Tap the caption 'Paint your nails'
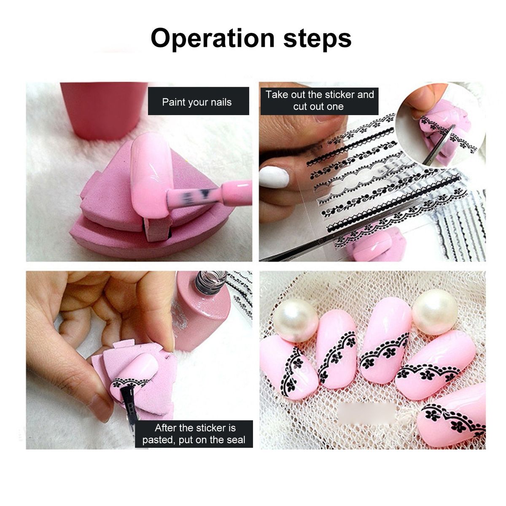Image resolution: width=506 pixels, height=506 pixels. coord(196,102)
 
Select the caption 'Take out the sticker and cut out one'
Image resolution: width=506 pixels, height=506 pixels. coord(320,101)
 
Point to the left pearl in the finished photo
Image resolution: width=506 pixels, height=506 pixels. coord(296,321)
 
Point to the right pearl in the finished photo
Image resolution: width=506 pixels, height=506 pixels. coord(435,312)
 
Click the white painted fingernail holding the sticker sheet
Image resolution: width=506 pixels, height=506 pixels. coord(274,176)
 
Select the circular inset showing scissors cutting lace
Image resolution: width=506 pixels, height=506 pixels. coord(440,124)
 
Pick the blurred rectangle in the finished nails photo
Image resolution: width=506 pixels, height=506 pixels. coord(366,415)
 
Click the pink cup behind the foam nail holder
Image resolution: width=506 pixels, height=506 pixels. coord(104,110)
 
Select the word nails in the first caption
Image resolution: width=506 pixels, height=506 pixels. coord(218,102)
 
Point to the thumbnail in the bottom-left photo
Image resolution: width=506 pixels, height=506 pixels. coord(101,408)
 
